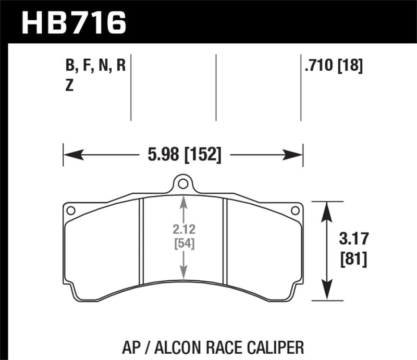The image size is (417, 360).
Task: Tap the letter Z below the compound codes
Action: [69, 86]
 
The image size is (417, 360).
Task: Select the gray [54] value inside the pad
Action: [183, 243]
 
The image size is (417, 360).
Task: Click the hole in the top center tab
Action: [182, 184]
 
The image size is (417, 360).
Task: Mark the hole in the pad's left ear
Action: [71, 210]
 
